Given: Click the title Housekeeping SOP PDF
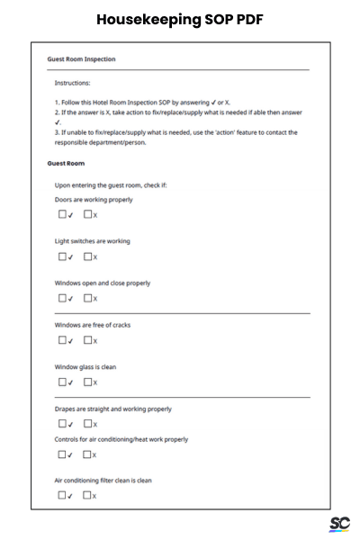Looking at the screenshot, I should tap(179, 19).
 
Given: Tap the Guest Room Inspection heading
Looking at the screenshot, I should tap(81, 59).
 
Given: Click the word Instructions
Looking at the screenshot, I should tap(72, 83).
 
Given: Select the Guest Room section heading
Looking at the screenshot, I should tap(66, 164).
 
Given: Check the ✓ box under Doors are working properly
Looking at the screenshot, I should tap(63, 214).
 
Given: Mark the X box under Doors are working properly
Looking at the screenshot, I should tap(88, 214).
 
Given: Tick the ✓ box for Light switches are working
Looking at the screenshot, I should tap(63, 256).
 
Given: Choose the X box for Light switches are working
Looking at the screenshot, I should tap(88, 256).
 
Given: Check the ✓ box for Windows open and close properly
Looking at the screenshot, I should tap(63, 298).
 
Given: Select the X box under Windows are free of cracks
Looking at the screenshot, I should tap(88, 340).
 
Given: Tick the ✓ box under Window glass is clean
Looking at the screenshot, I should tap(63, 382).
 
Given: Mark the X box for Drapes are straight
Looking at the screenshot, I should tap(88, 423).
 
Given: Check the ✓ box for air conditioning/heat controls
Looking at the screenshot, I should tap(63, 454).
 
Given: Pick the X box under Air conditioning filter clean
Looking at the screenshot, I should tap(88, 495).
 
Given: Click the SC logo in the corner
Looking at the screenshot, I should tap(339, 524).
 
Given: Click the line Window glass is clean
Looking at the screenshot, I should tap(85, 367).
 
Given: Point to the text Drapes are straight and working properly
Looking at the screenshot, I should tap(113, 409).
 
